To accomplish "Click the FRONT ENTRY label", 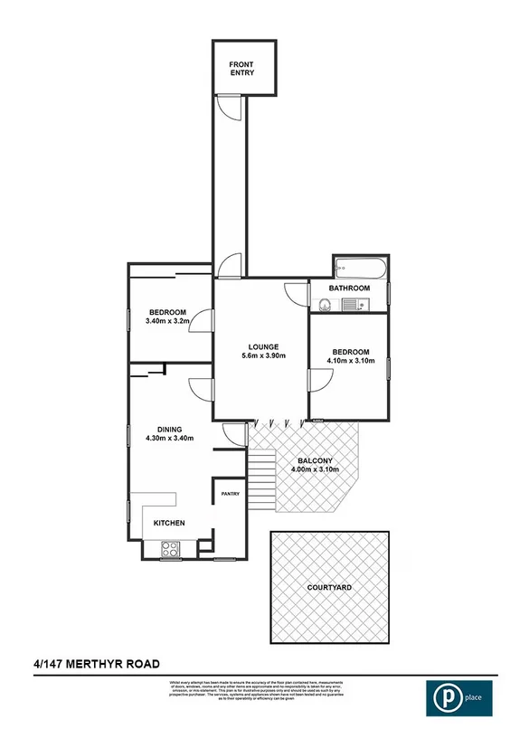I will click(x=241, y=68).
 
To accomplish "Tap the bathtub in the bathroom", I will click(x=360, y=268).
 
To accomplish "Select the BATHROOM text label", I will click(x=349, y=289).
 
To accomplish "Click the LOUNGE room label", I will click(x=263, y=346).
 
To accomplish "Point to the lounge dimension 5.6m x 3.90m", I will click(x=262, y=356).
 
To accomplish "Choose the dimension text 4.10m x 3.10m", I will click(x=350, y=361).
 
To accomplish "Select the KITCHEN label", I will click(x=169, y=524).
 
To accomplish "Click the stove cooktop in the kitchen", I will click(x=169, y=547).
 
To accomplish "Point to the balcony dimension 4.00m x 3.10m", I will click(x=314, y=469).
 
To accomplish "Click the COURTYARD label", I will click(x=328, y=587).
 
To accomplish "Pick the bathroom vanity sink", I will click(x=324, y=306).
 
